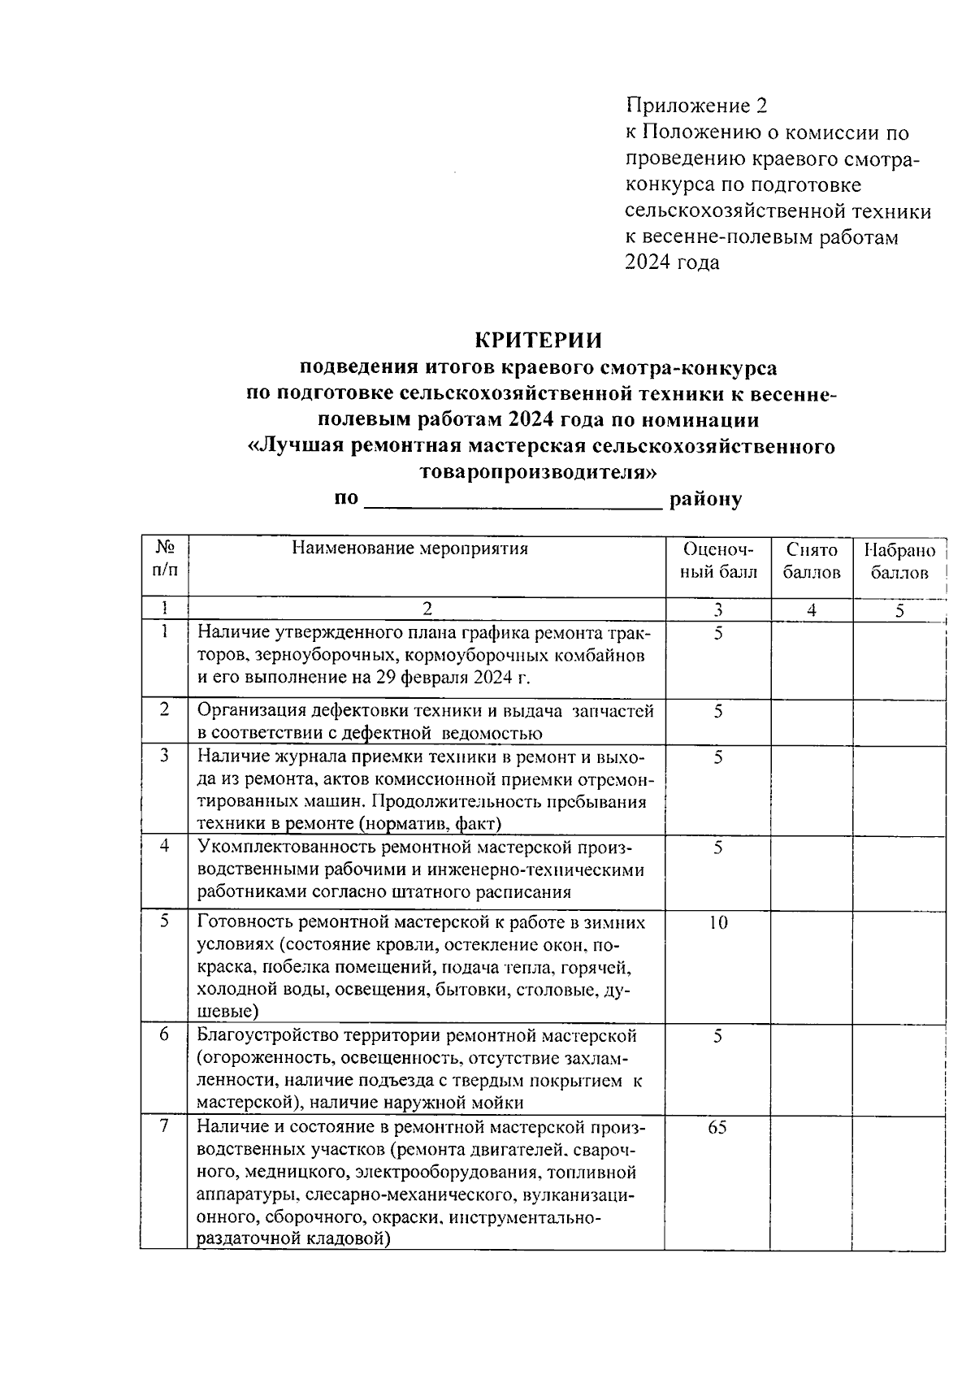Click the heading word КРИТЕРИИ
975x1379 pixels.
[539, 340]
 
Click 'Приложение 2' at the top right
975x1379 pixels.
[695, 106]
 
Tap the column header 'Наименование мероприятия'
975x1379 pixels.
[410, 549]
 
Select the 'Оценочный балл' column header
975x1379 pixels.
[718, 561]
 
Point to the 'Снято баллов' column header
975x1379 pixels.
[811, 561]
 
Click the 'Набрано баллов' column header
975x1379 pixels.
[899, 561]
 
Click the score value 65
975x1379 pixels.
[717, 1128]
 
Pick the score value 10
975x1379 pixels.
[717, 922]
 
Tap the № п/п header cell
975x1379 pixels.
[165, 558]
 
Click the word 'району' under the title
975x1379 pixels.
[705, 500]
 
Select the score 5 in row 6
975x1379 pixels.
[717, 1036]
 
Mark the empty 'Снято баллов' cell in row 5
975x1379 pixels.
[811, 965]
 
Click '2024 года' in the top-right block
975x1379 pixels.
[672, 263]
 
